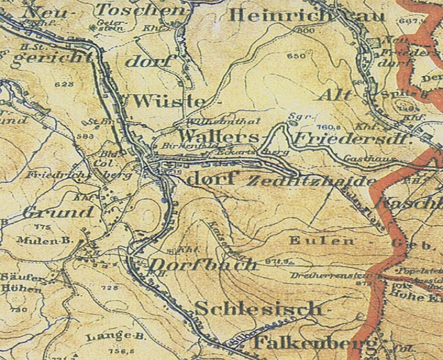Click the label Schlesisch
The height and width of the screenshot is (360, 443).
(x=259, y=308)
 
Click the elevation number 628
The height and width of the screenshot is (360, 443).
(x=67, y=84)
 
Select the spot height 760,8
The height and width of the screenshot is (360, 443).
(x=326, y=127)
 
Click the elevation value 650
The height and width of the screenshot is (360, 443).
(x=296, y=55)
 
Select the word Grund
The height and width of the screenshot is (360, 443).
(x=57, y=213)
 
